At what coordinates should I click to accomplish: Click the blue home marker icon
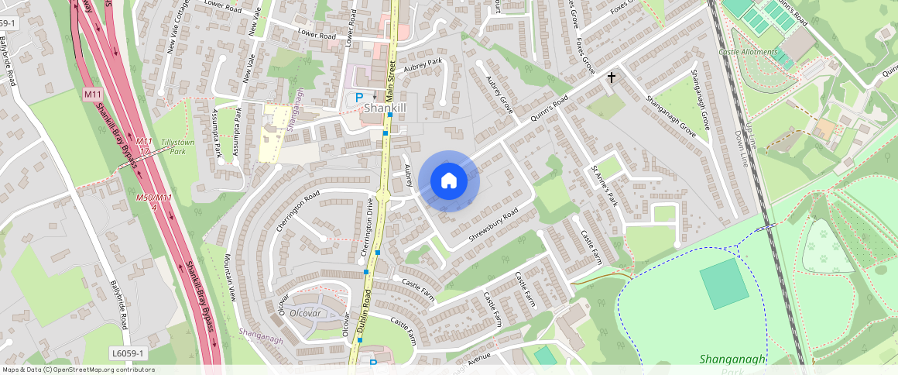pyautogui.click(x=449, y=181)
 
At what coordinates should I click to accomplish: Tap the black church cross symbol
pyautogui.click(x=612, y=77)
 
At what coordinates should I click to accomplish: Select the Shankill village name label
pyautogui.click(x=386, y=108)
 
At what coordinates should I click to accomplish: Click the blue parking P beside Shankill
pyautogui.click(x=358, y=98)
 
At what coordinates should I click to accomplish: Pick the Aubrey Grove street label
pyautogui.click(x=500, y=94)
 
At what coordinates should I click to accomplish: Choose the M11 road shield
pyautogui.click(x=93, y=95)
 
